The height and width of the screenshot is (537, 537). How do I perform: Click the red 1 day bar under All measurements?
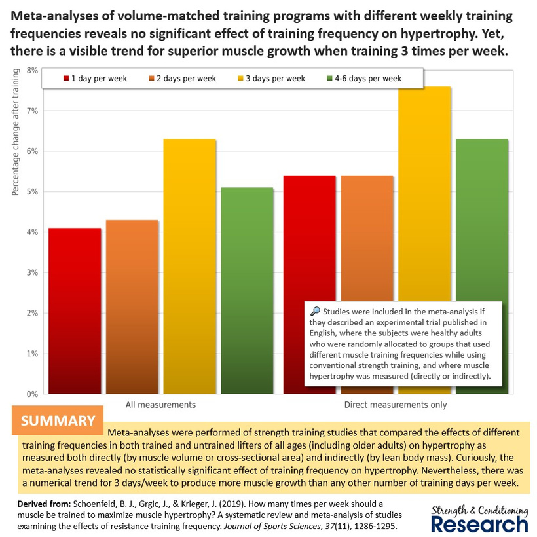pos(75,310)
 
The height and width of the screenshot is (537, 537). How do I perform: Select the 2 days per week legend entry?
pos(184,79)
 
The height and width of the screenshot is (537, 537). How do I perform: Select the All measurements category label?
pos(160,405)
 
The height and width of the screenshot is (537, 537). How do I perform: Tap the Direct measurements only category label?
pos(396,405)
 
